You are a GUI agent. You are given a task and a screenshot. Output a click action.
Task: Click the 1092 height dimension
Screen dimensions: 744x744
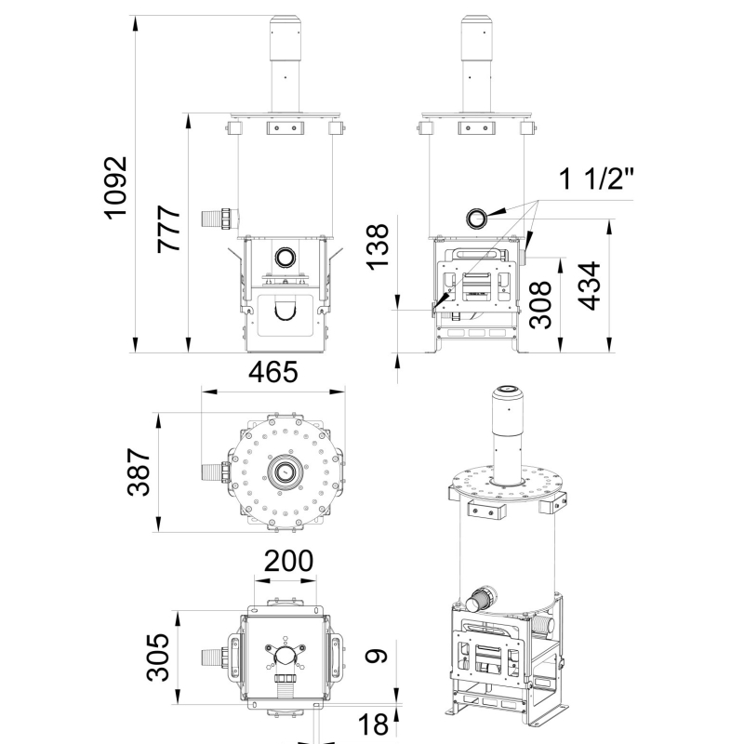(x=115, y=187)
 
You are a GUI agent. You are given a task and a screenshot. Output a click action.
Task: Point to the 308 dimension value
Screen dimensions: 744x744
(x=541, y=304)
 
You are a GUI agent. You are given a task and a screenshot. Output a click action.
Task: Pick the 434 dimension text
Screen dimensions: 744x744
(x=589, y=287)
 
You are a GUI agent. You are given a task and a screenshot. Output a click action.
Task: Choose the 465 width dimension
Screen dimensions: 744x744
(x=273, y=372)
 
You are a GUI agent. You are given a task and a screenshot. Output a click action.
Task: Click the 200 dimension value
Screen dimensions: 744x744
(x=287, y=562)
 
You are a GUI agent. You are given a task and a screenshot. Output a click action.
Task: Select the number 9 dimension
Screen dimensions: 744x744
(x=376, y=657)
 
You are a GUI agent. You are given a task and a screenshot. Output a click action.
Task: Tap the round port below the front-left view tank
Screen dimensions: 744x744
(x=286, y=257)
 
